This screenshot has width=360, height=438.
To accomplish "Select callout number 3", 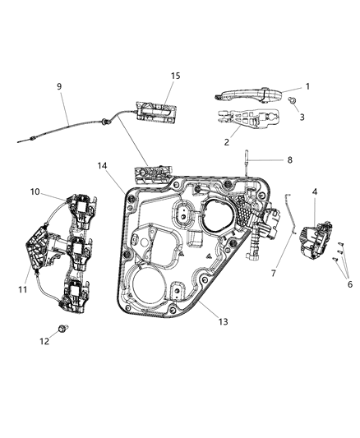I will pos(302,118).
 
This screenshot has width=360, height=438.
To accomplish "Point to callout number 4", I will pos(315,192).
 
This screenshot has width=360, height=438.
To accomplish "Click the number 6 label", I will pos(349,284).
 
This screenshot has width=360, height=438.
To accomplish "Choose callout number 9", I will pos(58,86).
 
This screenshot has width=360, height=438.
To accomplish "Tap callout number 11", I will pos(24,289).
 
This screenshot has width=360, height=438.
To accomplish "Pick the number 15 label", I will pos(174,76).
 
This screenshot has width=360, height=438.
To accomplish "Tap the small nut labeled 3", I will pos(292,99).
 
